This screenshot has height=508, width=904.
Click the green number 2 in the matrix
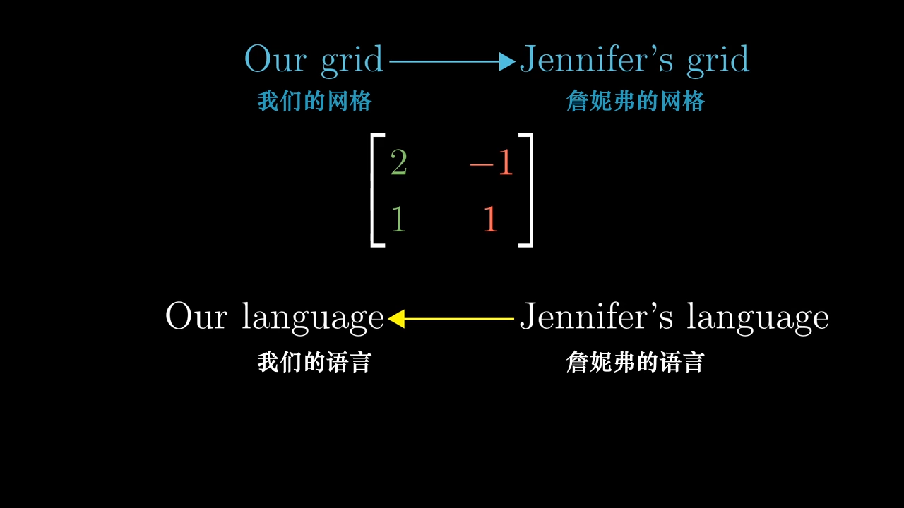[x=399, y=162]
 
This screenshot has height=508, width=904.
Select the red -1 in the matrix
[x=491, y=162]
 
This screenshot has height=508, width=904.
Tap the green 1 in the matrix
[x=398, y=219]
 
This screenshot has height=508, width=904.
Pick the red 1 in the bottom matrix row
[x=490, y=219]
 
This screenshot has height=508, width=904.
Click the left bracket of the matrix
[x=378, y=190]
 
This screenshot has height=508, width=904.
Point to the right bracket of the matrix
[x=526, y=190]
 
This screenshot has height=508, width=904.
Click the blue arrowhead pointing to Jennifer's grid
[x=507, y=61]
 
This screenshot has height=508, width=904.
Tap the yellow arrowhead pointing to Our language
[x=396, y=318]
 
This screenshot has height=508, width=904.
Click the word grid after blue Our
[x=352, y=61]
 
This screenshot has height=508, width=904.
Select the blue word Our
[x=275, y=59]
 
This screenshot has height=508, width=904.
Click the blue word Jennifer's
[x=597, y=59]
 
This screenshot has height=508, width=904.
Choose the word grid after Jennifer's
[x=718, y=61]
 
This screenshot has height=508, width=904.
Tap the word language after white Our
[x=313, y=317]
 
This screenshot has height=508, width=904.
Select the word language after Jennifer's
[x=758, y=317]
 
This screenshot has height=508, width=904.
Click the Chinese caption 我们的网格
[x=314, y=101]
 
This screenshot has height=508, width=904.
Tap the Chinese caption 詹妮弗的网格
[x=636, y=101]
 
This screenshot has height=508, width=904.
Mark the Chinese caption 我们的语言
[x=314, y=362]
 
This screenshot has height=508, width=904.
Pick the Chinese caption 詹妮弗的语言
[x=636, y=362]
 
